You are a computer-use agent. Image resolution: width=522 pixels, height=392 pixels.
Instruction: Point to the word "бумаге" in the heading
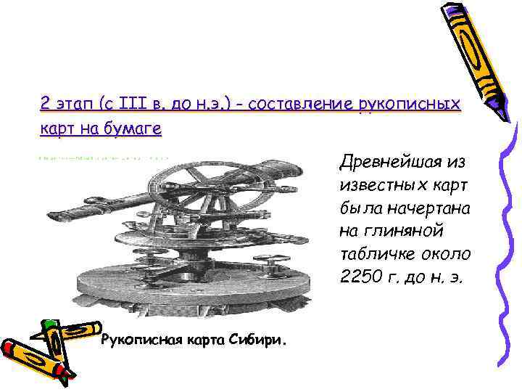136,130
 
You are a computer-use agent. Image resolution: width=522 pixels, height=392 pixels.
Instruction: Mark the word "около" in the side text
447,254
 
